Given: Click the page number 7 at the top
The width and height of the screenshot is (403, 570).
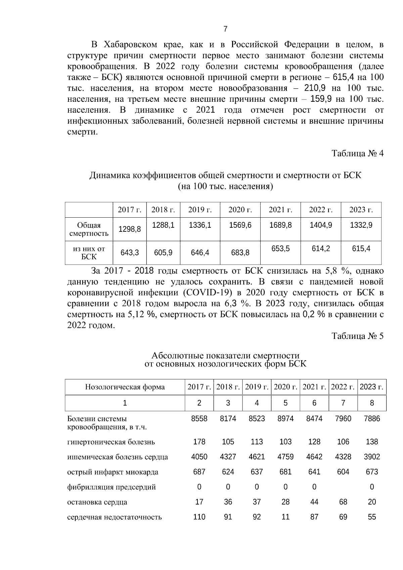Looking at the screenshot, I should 225,29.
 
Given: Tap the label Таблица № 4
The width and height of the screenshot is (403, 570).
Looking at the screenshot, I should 357,154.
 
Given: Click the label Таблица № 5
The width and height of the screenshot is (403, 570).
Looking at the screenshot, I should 357,336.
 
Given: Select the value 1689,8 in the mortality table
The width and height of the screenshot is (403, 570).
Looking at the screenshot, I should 280,225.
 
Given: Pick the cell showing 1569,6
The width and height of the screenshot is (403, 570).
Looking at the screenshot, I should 240,225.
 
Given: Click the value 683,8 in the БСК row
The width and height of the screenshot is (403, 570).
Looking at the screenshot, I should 240,253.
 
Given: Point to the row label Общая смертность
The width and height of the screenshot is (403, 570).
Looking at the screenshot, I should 89,229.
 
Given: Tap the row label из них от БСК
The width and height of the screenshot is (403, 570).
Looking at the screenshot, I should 89,253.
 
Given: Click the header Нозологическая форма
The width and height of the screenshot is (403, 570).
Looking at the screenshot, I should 125,387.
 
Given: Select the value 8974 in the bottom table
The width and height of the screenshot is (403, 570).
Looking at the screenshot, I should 285,419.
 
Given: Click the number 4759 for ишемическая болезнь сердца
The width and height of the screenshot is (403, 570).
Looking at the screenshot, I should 285,457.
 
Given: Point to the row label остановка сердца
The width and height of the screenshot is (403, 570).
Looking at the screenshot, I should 97,502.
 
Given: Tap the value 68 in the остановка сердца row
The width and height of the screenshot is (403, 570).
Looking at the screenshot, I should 343,502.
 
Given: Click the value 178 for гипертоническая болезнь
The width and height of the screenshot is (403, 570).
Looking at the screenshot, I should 199,442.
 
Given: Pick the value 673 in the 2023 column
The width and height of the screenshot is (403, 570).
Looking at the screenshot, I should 372,472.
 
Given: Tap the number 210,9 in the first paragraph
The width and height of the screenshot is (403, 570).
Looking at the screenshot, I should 315,88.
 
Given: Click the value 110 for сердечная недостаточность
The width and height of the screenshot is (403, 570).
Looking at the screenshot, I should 199,517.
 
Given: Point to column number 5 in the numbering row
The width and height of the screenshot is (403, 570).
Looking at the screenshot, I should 285,403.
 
